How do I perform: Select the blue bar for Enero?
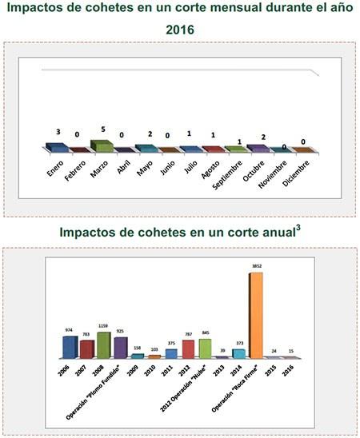pos(56,148)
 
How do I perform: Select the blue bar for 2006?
pos(70,348)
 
